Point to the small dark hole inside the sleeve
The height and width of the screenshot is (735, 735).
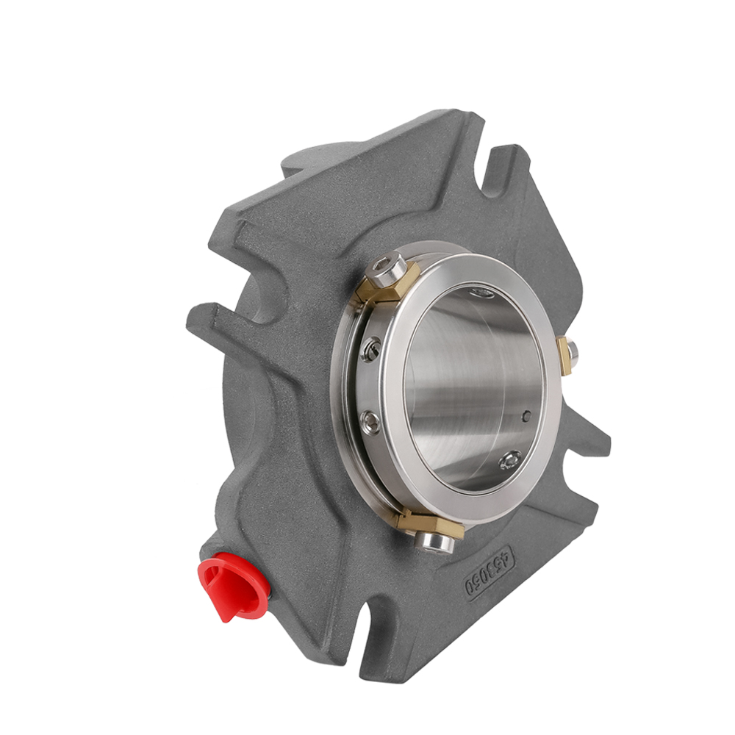[525, 417]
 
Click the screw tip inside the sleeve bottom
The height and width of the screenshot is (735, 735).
[509, 461]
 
